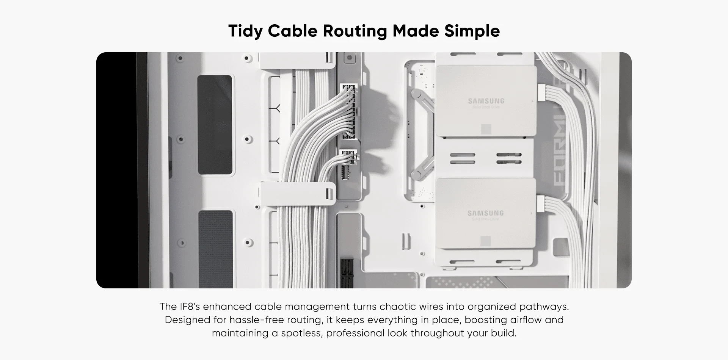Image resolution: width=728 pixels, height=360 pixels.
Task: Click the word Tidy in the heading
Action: [x=245, y=31]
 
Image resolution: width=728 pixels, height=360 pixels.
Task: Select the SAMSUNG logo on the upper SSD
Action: [x=486, y=101]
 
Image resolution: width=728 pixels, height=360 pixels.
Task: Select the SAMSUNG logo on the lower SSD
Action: [x=485, y=213]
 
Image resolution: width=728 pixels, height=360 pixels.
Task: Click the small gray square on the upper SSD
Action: [x=486, y=129]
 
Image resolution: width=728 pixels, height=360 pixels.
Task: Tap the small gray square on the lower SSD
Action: [x=485, y=241]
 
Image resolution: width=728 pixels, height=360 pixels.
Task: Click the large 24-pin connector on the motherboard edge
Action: [x=348, y=112]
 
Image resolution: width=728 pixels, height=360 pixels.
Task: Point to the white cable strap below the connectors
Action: [x=298, y=194]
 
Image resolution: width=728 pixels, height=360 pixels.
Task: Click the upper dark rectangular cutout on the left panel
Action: [x=215, y=125]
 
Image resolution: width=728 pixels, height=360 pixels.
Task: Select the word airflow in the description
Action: [x=526, y=320]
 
